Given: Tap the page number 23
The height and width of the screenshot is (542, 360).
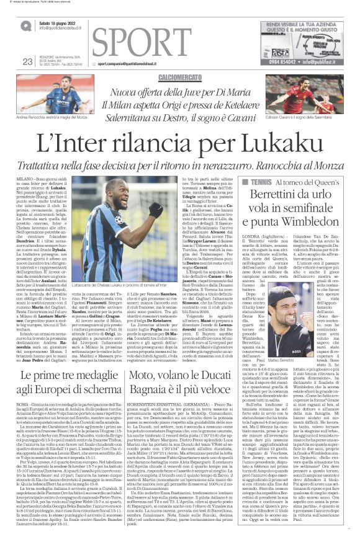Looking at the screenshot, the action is pyautogui.click(x=27, y=61).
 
